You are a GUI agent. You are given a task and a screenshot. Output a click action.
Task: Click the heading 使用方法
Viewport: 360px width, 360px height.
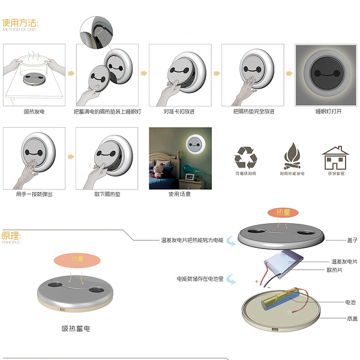20,23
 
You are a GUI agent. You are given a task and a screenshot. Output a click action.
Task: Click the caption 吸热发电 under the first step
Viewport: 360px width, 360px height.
34,112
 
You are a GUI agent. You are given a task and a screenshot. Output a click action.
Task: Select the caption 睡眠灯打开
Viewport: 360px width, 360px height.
325,112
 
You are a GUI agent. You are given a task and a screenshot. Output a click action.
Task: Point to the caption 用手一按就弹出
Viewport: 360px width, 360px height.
34,194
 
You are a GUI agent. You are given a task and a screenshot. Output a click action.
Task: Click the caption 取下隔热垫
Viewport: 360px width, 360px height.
106,194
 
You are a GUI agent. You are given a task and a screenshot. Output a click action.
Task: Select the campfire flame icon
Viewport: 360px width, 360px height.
292,157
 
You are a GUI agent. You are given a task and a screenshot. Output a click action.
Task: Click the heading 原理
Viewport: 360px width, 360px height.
11,235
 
